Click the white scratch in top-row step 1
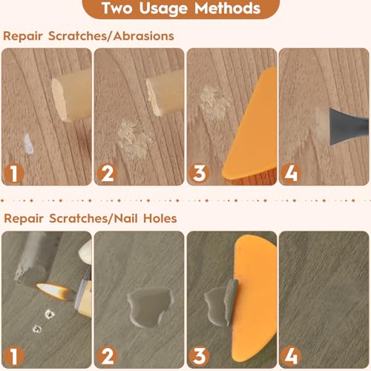click(29, 142)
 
